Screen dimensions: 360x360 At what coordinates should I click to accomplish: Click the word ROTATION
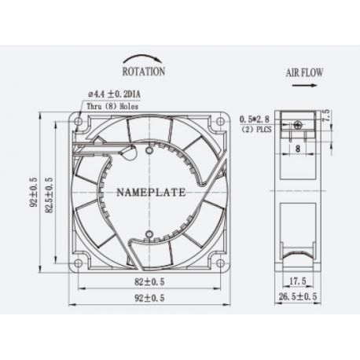143,71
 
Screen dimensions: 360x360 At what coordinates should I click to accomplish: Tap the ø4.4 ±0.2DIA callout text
119,94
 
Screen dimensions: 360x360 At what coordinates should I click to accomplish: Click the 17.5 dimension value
297,281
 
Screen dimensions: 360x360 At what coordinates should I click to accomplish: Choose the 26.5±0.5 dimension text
298,297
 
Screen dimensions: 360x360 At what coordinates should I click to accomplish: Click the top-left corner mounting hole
79,121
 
